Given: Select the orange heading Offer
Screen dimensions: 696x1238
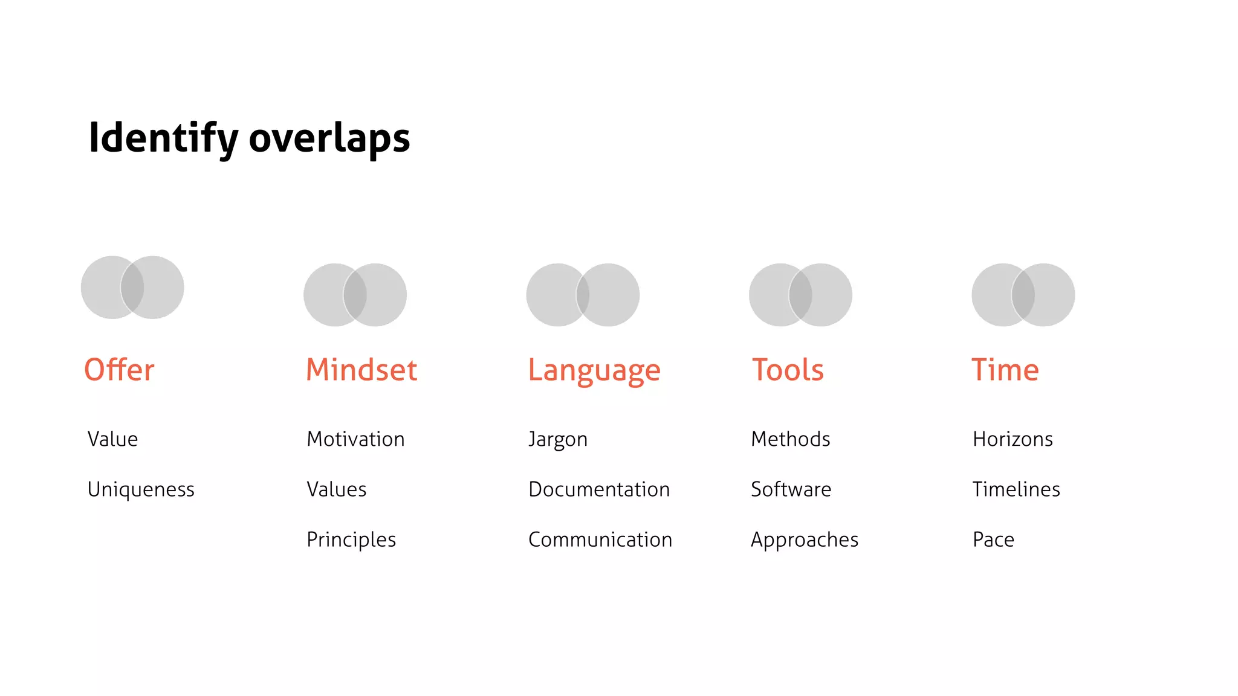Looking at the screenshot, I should coord(119,370).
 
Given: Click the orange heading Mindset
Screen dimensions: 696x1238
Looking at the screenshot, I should coord(361,370).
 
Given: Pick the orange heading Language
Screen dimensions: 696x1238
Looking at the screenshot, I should coord(594,370).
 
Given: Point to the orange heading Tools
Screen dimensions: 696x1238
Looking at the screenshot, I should coord(788,370).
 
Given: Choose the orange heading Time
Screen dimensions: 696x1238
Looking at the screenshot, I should coord(1005,370).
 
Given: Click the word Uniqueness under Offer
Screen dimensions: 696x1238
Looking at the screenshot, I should coord(141,489).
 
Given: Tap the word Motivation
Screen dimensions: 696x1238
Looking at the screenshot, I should coord(355,439).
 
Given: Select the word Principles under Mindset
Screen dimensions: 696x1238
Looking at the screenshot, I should coord(351,540).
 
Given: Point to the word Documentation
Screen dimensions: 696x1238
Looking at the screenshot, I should coord(599,489).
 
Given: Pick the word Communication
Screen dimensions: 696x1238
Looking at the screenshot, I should coord(600,540).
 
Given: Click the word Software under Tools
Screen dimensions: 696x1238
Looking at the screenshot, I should coord(791,489).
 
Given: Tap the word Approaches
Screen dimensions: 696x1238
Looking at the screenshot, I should coord(805,540).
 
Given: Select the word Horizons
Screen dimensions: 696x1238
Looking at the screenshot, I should coord(1013,439).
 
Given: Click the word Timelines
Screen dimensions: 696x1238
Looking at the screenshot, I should coord(1016,489).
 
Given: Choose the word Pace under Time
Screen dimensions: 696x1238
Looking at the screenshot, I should coord(993,540).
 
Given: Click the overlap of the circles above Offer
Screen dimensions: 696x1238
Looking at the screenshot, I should coord(132,288).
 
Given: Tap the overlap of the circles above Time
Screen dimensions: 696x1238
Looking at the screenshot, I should coord(1023,295).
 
